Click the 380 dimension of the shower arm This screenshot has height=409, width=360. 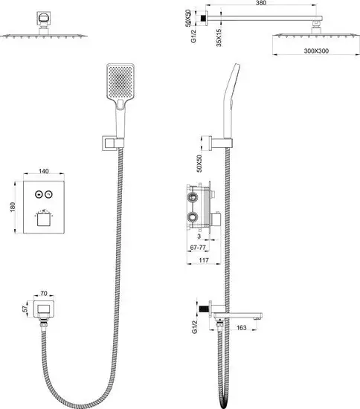pyautogui.click(x=261, y=3)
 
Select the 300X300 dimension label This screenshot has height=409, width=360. pyautogui.click(x=316, y=51)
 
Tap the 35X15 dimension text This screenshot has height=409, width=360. pyautogui.click(x=219, y=38)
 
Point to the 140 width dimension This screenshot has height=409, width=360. pyautogui.click(x=44, y=171)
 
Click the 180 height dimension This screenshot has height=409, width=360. pyautogui.click(x=13, y=207)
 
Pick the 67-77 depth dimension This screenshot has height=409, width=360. pyautogui.click(x=198, y=248)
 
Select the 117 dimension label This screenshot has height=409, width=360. pyautogui.click(x=204, y=260)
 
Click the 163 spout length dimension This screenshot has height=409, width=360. pyautogui.click(x=241, y=327)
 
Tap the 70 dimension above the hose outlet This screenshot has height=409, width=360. pyautogui.click(x=44, y=294)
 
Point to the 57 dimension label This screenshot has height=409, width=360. pyautogui.click(x=25, y=309)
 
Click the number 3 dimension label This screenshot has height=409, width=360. pyautogui.click(x=199, y=236)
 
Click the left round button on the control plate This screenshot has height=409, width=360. pyautogui.click(x=39, y=194)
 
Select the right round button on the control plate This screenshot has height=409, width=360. pyautogui.click(x=48, y=194)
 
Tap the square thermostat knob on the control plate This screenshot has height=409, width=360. pyautogui.click(x=44, y=219)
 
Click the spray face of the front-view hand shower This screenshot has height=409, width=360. pyautogui.click(x=120, y=81)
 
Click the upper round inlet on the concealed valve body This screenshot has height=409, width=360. pyautogui.click(x=193, y=198)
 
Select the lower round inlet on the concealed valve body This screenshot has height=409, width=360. pyautogui.click(x=193, y=217)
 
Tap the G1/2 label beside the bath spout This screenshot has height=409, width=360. pyautogui.click(x=195, y=327)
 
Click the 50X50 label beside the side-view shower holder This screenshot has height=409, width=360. pyautogui.click(x=199, y=164)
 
